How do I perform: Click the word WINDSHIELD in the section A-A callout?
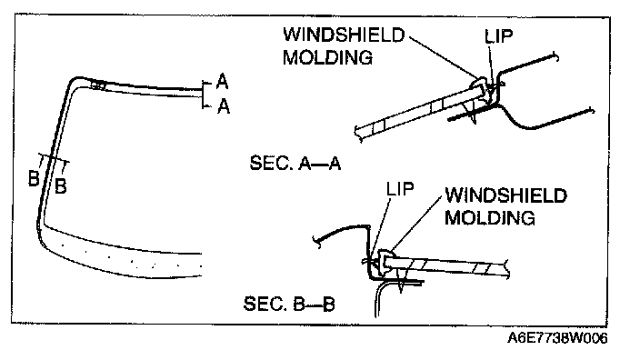344,35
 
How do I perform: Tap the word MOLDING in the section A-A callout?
328,57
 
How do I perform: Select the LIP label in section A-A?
498,36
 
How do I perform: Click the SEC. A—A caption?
295,164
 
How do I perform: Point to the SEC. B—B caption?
289,304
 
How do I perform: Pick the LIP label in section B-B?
400,188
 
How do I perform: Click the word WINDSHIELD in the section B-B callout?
505,195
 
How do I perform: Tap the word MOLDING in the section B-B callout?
489,217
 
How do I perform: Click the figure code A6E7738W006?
557,338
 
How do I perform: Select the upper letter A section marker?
222,82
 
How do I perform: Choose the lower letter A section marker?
224,106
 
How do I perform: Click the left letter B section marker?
35,179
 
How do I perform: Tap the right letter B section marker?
60,186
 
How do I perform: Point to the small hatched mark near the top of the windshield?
98,85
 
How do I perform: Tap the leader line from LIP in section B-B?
379,228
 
